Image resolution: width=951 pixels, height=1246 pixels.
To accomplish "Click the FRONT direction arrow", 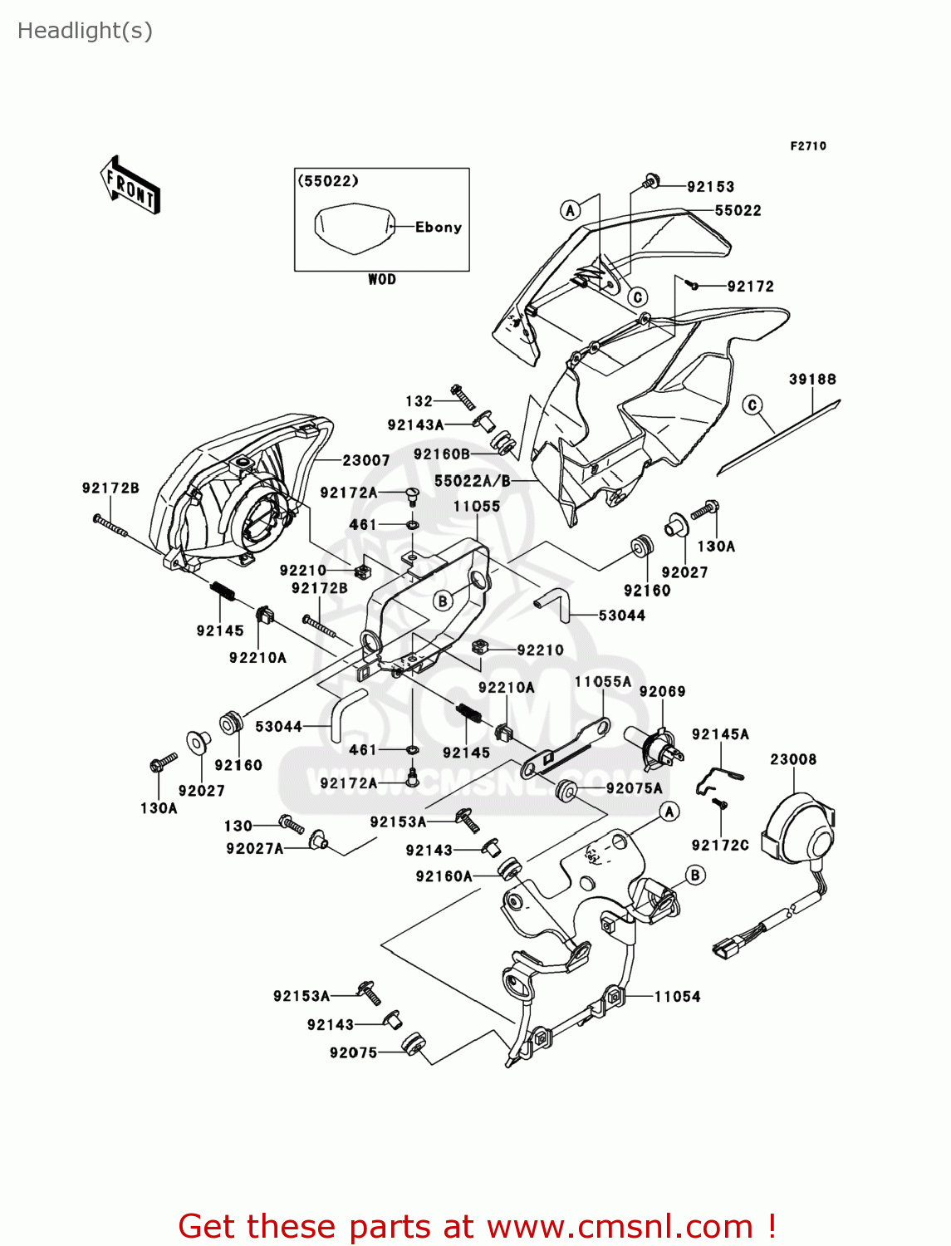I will click(130, 185).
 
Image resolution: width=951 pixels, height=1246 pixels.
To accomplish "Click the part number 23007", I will click(366, 460).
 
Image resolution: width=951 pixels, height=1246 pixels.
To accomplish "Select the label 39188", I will click(812, 380).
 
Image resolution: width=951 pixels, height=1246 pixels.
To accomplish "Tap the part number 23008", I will click(793, 759).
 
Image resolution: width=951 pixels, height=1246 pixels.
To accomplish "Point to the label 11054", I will click(677, 997).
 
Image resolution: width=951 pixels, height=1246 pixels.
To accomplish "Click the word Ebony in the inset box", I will click(439, 227).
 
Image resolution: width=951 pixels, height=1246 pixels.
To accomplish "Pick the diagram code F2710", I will click(808, 146).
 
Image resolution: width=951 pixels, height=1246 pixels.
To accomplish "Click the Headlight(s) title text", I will click(85, 31).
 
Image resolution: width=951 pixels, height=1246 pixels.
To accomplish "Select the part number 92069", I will click(662, 691).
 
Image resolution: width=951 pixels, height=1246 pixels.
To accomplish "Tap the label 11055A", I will click(603, 682).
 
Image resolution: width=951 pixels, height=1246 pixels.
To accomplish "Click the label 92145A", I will click(720, 734).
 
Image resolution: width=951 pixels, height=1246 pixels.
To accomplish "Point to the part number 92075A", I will click(634, 788).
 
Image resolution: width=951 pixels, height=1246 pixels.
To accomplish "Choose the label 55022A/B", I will click(473, 481).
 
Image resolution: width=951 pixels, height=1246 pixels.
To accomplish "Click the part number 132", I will click(419, 401).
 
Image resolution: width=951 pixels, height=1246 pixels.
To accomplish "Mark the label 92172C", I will click(720, 846).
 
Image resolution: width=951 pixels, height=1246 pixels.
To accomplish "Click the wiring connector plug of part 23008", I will click(726, 947).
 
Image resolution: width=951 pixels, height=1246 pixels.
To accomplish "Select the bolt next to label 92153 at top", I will click(652, 180).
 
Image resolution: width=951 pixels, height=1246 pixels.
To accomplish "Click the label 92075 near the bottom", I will click(353, 1053).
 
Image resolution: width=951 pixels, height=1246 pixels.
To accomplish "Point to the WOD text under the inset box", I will click(382, 280).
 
